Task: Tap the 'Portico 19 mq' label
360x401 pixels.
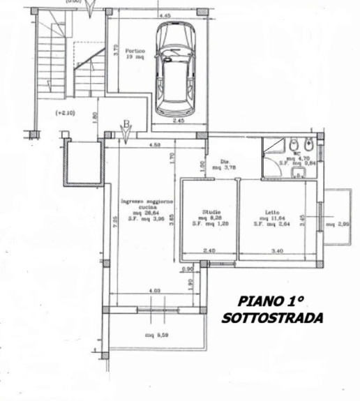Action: point(135,55)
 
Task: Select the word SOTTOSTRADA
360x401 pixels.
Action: point(272,318)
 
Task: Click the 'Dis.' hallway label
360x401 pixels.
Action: point(225,160)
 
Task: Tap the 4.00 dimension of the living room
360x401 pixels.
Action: point(155,289)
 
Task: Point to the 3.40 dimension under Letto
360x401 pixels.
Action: point(278,250)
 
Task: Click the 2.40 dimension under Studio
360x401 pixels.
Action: point(209,250)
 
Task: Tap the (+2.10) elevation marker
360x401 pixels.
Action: point(66,112)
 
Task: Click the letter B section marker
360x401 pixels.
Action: point(126,125)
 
